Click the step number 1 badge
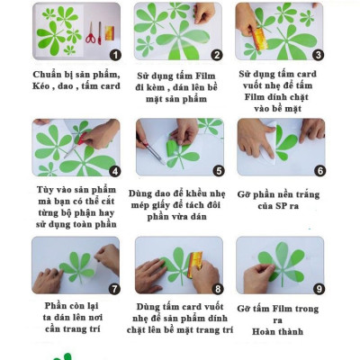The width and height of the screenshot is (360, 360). pyautogui.click(x=115, y=55)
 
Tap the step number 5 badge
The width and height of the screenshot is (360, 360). pyautogui.click(x=219, y=171)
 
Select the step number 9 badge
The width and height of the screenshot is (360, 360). pyautogui.click(x=319, y=289)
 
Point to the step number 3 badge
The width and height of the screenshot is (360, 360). pyautogui.click(x=318, y=55)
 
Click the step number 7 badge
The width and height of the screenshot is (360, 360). pyautogui.click(x=114, y=289)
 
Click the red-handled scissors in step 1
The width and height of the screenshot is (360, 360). pyautogui.click(x=90, y=33)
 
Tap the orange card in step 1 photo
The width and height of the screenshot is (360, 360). pyautogui.click(x=110, y=33)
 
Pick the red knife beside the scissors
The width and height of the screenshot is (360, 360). pyautogui.click(x=100, y=33)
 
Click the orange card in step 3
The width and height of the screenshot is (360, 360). pyautogui.click(x=260, y=40)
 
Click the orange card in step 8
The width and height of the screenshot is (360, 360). pyautogui.click(x=194, y=265)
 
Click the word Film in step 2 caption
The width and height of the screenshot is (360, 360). pyautogui.click(x=206, y=76)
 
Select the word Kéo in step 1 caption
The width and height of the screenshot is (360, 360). pyautogui.click(x=41, y=86)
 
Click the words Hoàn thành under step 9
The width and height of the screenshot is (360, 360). pyautogui.click(x=277, y=332)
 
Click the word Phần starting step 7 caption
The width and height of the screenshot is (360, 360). pyautogui.click(x=55, y=306)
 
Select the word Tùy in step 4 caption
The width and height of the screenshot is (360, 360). pyautogui.click(x=45, y=190)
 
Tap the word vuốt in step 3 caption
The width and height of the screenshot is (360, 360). pyautogui.click(x=255, y=85)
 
